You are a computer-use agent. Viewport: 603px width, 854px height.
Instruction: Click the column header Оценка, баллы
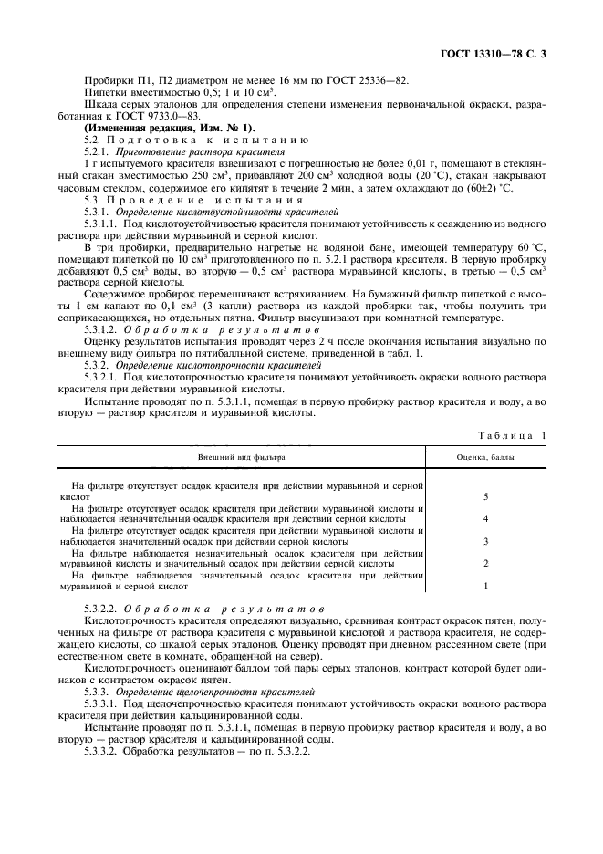tap(485, 455)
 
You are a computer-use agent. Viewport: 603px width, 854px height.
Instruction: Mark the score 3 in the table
tap(485, 541)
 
